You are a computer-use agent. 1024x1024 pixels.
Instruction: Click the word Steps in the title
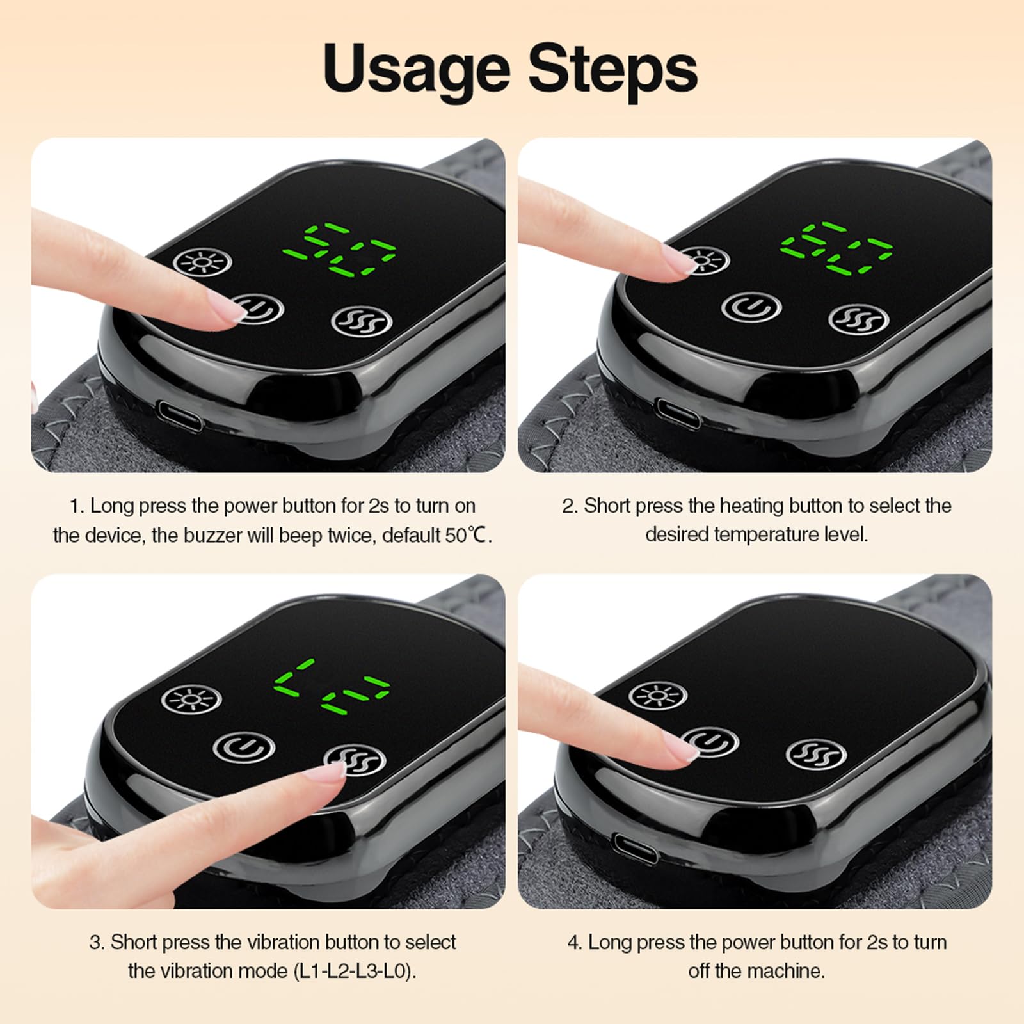pos(613,70)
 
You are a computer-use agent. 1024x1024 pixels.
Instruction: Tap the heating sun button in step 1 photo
pos(202,262)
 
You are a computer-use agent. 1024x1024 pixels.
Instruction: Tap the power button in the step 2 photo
pos(751,307)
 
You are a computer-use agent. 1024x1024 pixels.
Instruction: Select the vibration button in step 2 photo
pos(858,318)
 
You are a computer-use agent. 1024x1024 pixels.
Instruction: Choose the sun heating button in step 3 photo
pos(191,700)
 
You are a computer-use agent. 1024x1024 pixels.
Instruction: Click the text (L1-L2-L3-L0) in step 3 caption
pos(355,972)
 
